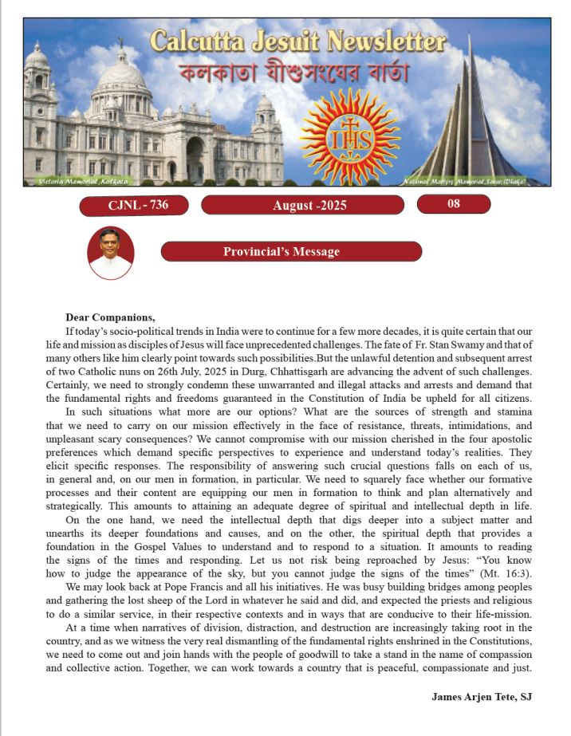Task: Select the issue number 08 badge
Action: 453,204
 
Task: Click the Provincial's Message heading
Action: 292,252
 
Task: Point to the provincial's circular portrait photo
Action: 111,253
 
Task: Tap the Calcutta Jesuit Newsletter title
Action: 297,41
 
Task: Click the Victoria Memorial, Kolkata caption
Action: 77,183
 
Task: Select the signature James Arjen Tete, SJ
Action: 481,696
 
